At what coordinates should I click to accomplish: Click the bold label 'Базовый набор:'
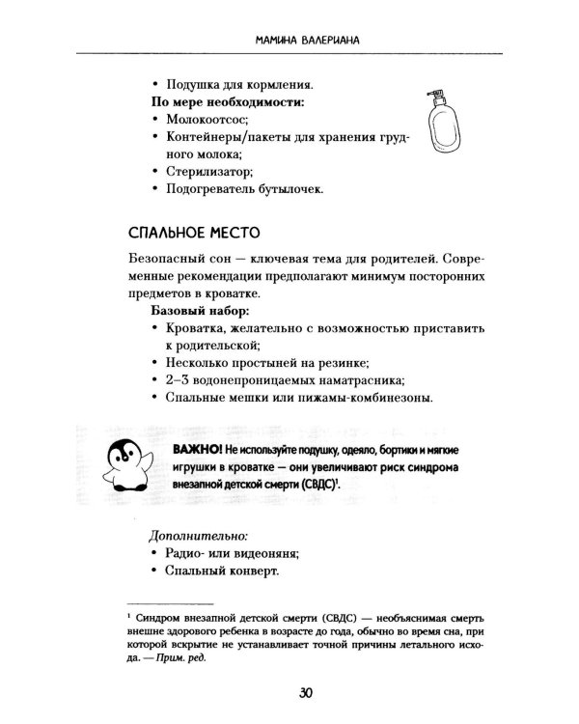(x=200, y=312)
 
